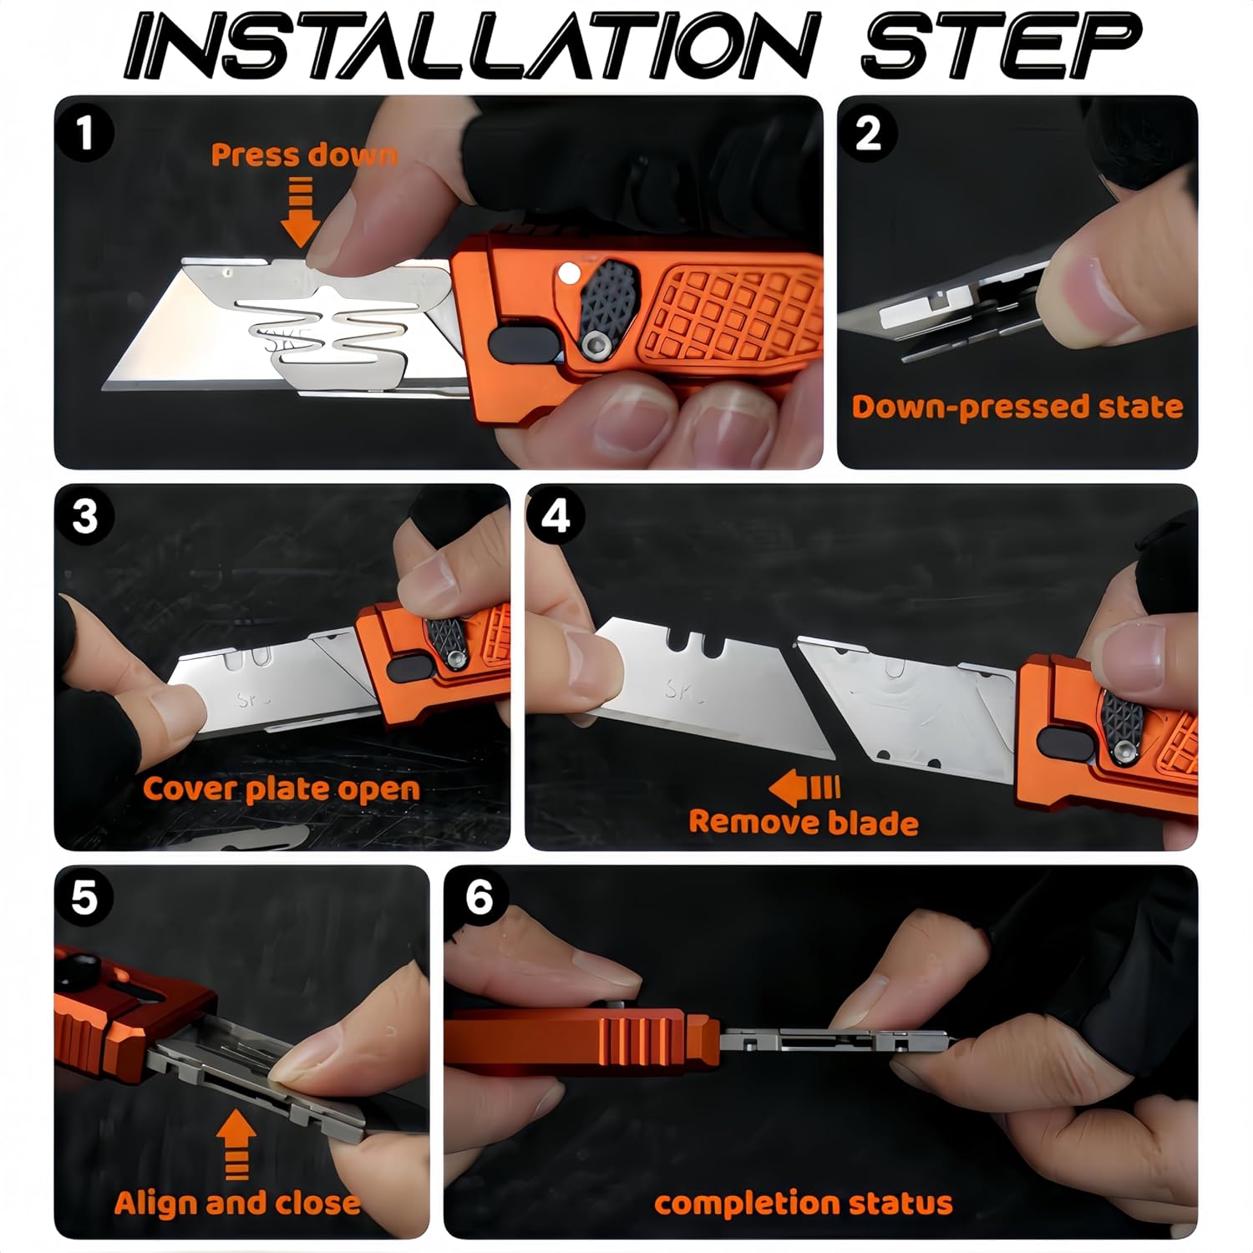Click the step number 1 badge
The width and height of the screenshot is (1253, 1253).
(x=84, y=133)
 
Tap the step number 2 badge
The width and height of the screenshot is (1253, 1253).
(x=869, y=133)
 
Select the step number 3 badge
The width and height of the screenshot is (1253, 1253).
(x=84, y=517)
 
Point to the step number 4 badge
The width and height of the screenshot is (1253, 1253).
(x=555, y=517)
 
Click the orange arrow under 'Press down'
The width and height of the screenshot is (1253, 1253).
(x=300, y=213)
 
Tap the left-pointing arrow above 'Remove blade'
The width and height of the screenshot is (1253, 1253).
(x=804, y=788)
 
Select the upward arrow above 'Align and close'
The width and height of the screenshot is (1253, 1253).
(x=236, y=1144)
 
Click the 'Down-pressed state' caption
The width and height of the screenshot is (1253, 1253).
(x=1017, y=407)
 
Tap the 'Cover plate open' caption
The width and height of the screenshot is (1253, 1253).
(x=281, y=789)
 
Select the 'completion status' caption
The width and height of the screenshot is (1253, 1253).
(x=803, y=1203)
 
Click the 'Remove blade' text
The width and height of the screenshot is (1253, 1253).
(x=803, y=823)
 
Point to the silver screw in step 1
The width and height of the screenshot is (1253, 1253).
(x=596, y=343)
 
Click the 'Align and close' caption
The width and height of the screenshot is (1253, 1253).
(x=237, y=1203)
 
